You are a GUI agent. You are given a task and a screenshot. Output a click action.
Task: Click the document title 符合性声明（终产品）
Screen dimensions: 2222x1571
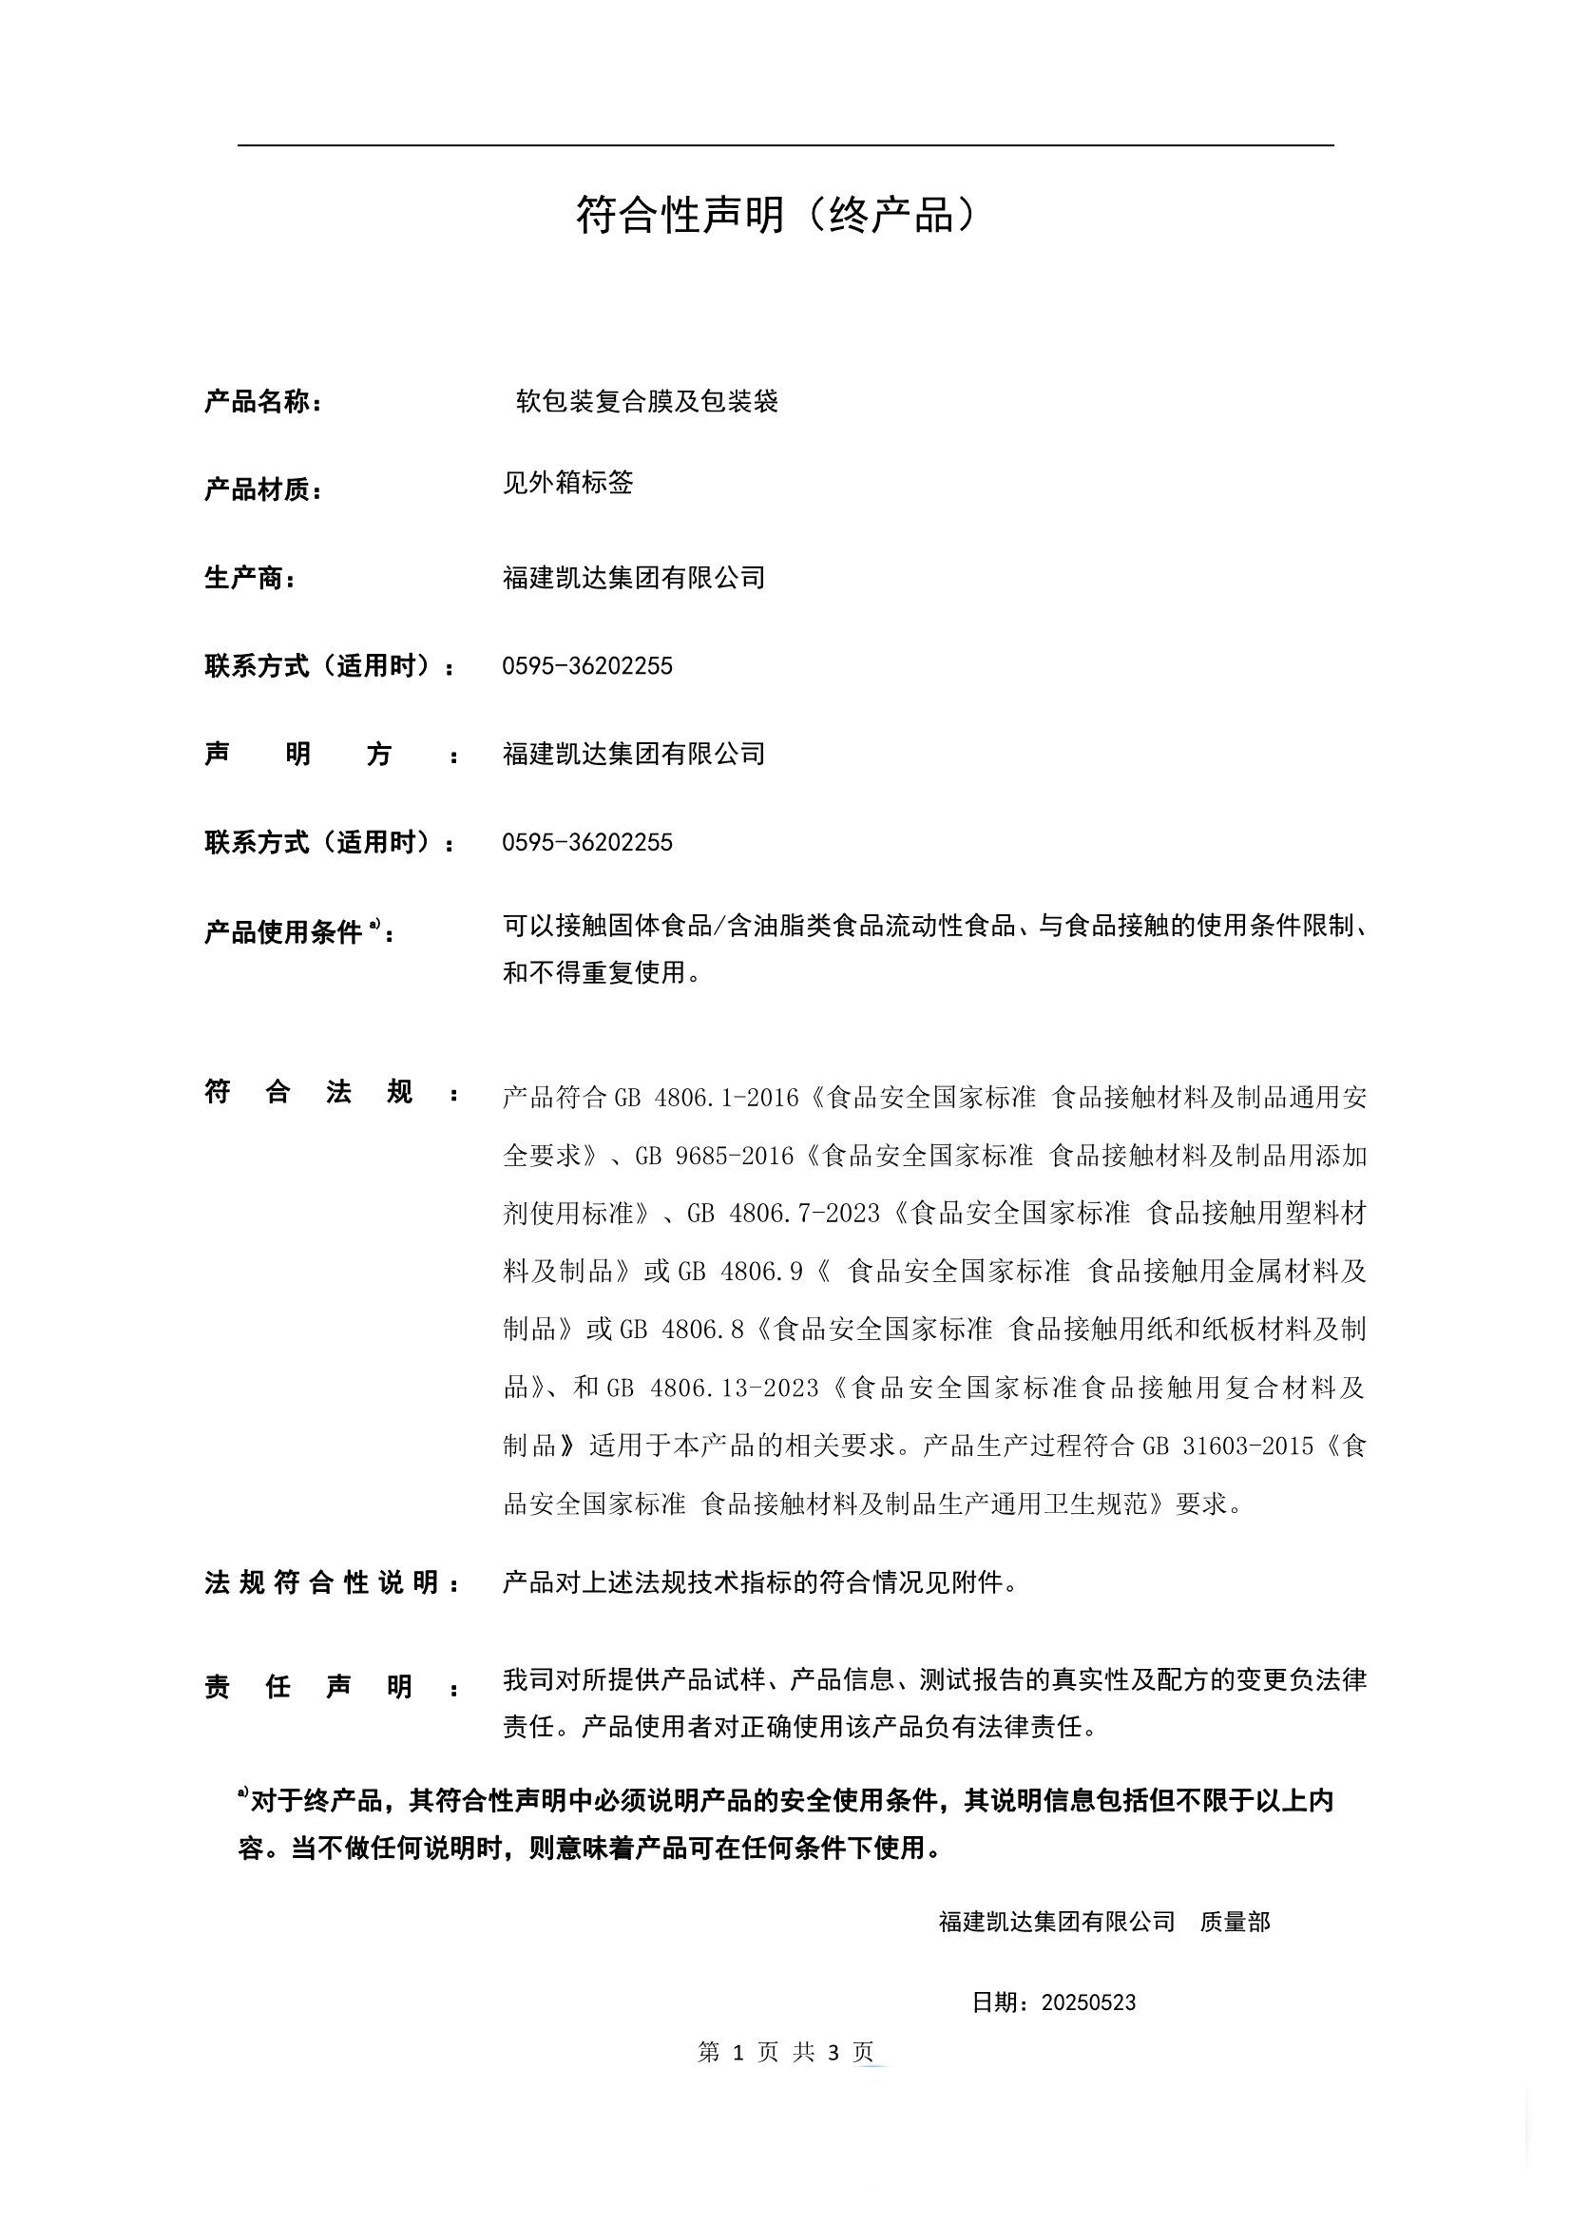(777, 214)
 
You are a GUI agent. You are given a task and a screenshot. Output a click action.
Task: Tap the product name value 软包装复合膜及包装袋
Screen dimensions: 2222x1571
(646, 401)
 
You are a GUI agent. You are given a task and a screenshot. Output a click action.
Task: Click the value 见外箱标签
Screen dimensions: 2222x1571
(567, 482)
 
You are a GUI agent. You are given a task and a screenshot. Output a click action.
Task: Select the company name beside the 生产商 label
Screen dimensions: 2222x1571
(634, 578)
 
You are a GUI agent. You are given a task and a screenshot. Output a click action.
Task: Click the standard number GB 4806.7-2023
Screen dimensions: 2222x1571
(783, 1213)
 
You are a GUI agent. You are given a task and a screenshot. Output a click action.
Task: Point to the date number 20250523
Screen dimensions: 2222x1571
(1088, 2002)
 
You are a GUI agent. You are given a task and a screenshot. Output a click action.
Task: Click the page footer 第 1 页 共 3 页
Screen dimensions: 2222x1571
(785, 2052)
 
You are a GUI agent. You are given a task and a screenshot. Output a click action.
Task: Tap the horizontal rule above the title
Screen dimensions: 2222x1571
(785, 146)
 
